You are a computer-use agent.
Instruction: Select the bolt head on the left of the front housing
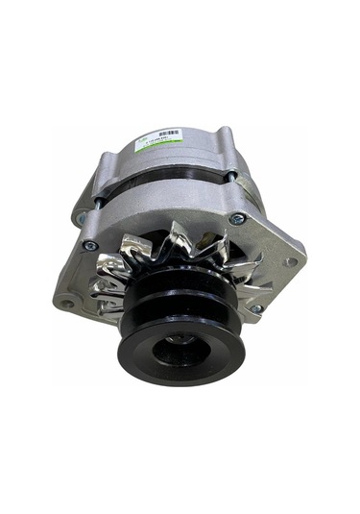pyautogui.click(x=89, y=245)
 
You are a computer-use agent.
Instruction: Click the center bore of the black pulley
pyautogui.click(x=181, y=340)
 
